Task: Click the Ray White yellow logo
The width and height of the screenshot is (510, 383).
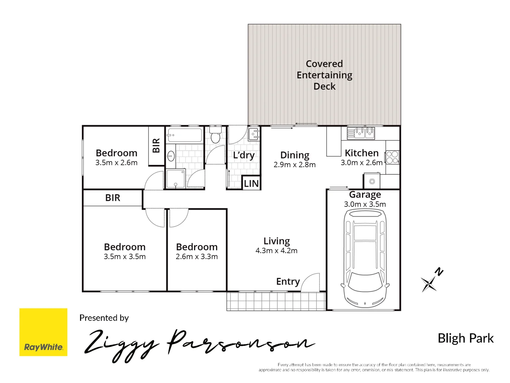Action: pyautogui.click(x=43, y=332)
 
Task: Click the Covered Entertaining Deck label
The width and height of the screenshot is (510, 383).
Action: pyautogui.click(x=324, y=75)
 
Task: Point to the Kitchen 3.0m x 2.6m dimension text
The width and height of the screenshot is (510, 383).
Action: pyautogui.click(x=362, y=163)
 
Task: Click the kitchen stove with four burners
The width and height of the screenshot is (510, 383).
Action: pyautogui.click(x=392, y=157)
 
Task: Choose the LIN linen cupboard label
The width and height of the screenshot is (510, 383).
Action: pyautogui.click(x=251, y=183)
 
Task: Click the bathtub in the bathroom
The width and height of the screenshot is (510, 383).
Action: pyautogui.click(x=185, y=135)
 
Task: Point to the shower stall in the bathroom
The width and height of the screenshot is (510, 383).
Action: pyautogui.click(x=175, y=179)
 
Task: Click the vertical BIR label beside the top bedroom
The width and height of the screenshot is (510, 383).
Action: pyautogui.click(x=156, y=145)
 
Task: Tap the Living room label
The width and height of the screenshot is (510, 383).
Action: pyautogui.click(x=277, y=241)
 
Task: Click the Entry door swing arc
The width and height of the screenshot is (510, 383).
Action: pyautogui.click(x=311, y=282)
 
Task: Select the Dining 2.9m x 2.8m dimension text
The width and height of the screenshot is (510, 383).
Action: pyautogui.click(x=295, y=165)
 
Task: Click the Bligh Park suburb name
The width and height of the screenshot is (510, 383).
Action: pyautogui.click(x=465, y=338)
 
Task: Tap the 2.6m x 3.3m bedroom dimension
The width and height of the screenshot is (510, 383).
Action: pyautogui.click(x=197, y=257)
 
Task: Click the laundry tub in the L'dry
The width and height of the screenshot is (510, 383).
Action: pyautogui.click(x=254, y=134)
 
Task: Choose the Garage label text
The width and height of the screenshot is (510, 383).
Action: pyautogui.click(x=365, y=194)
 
